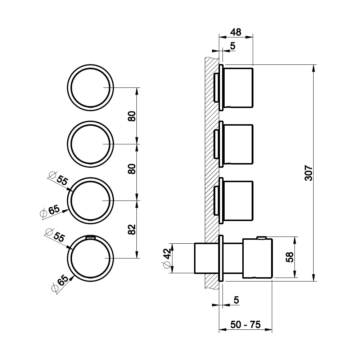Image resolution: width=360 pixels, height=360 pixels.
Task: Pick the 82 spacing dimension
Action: pos(131,229)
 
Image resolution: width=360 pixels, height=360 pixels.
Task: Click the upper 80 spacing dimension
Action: pos(131,116)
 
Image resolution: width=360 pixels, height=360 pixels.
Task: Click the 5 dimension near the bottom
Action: pos(236,300)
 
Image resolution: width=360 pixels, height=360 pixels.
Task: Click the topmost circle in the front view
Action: pos(91,87)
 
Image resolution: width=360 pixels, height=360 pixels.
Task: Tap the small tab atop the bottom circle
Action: pos(91,237)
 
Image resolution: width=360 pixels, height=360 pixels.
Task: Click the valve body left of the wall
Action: pos(199,258)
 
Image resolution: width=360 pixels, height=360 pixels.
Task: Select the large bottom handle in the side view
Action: pos(257,258)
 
